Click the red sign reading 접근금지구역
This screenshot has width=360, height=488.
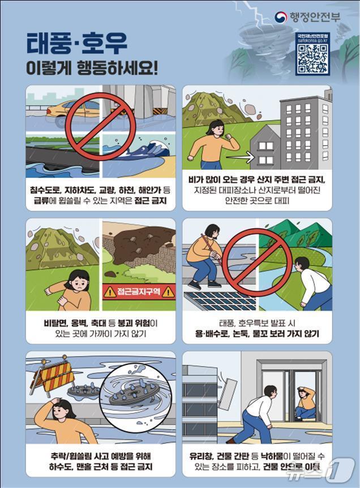click(x=139, y=292)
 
